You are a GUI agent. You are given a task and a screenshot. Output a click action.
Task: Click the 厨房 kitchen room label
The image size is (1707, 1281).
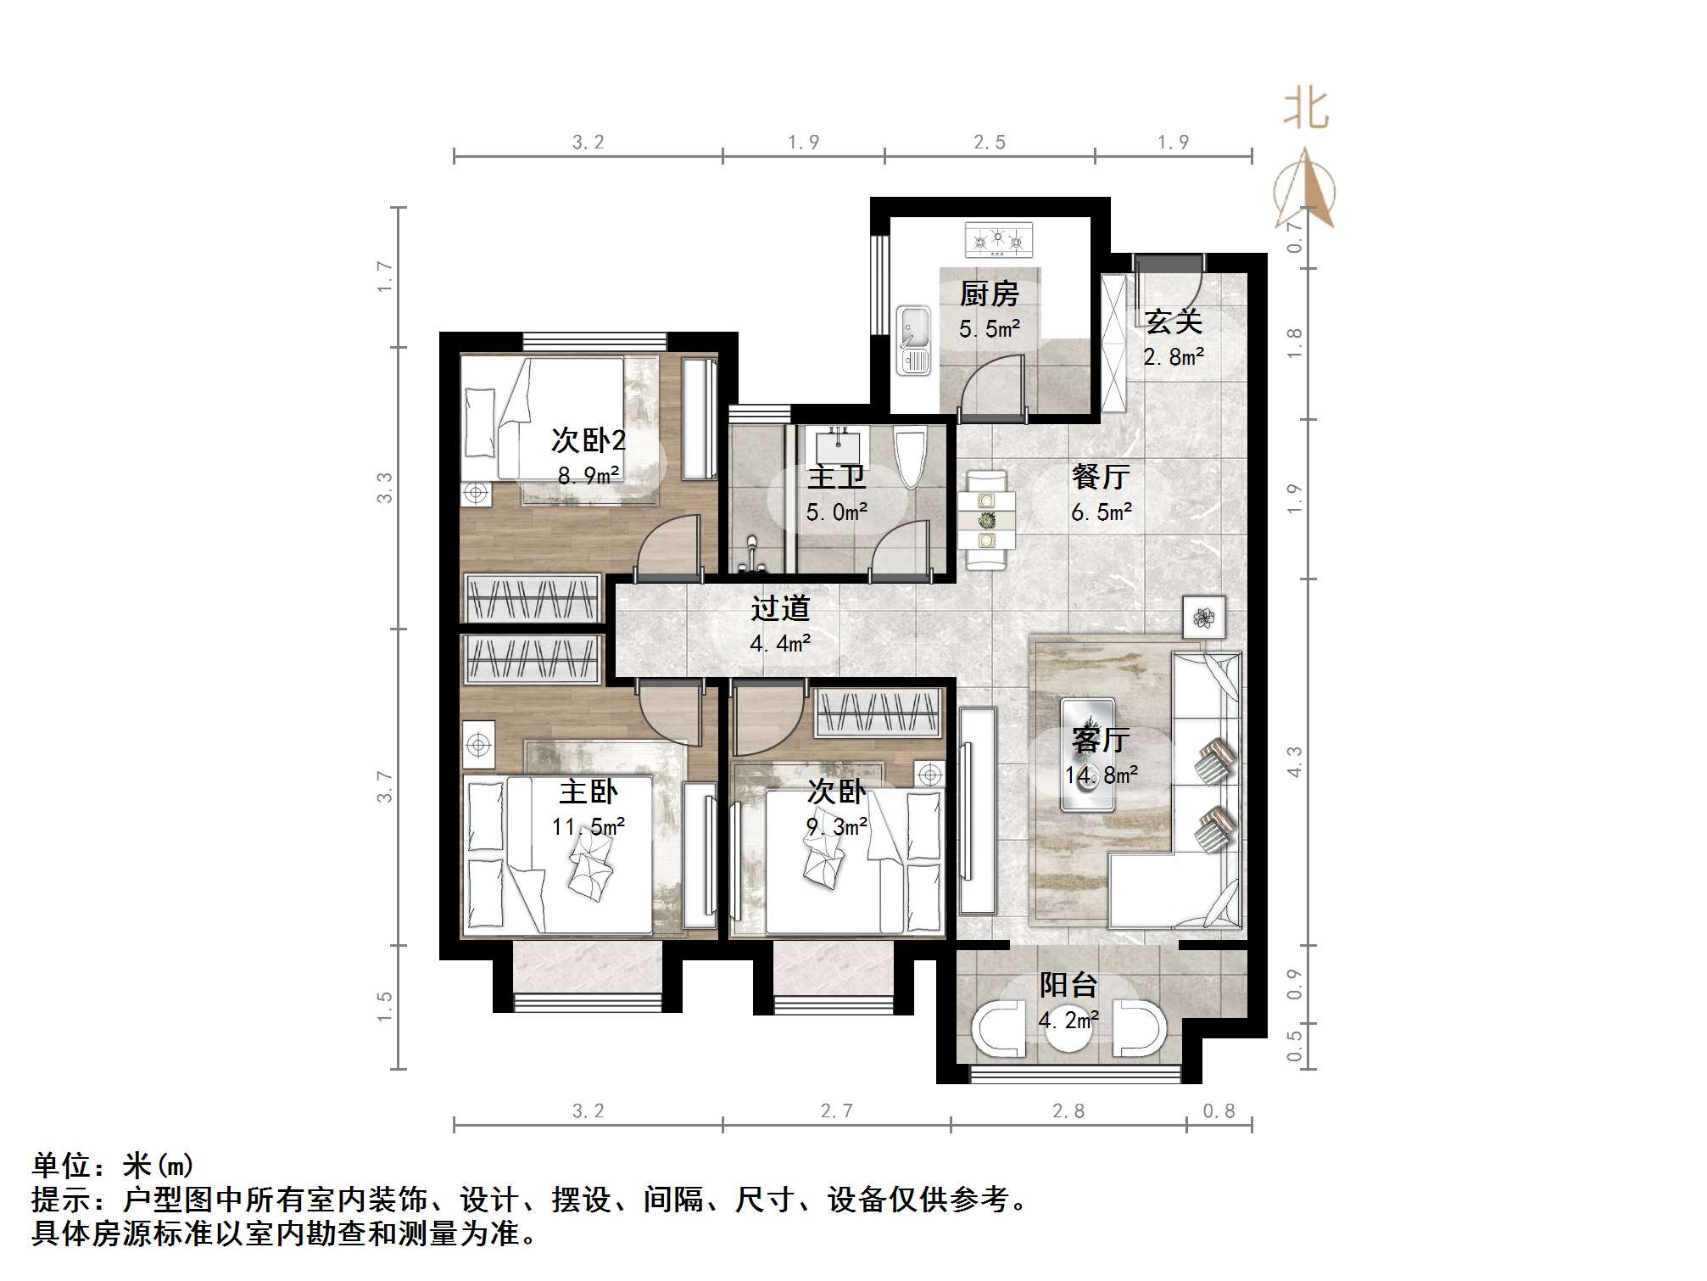pyautogui.click(x=989, y=295)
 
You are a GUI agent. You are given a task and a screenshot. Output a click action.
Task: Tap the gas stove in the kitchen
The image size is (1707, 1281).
pyautogui.click(x=999, y=241)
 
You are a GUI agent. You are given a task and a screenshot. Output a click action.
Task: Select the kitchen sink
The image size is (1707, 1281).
pyautogui.click(x=914, y=339)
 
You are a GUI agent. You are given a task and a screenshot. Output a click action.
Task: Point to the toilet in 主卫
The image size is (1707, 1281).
pyautogui.click(x=910, y=457)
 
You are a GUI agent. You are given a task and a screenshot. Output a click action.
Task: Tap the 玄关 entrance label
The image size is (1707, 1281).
pyautogui.click(x=1173, y=322)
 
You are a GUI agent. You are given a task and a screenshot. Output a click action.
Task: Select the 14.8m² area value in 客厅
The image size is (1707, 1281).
pyautogui.click(x=1102, y=775)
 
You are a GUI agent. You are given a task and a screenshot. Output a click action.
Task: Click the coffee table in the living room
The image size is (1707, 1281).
pyautogui.click(x=1088, y=755)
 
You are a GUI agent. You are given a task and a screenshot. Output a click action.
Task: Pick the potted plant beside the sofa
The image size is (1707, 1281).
pyautogui.click(x=1204, y=618)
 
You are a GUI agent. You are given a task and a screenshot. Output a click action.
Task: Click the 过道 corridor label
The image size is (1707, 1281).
pyautogui.click(x=780, y=608)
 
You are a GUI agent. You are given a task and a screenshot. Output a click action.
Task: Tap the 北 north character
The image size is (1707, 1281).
pyautogui.click(x=1305, y=110)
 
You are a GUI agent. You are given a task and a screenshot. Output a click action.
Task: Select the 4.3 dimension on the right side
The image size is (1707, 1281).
pyautogui.click(x=1294, y=762)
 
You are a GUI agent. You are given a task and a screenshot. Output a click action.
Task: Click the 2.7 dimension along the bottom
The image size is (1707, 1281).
pyautogui.click(x=836, y=1111)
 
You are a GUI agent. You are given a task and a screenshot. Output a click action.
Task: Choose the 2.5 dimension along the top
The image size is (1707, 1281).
pyautogui.click(x=989, y=143)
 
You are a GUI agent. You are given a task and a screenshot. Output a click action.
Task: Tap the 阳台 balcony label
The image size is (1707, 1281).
pyautogui.click(x=1068, y=986)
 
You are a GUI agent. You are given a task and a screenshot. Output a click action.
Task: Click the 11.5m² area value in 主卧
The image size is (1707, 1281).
pyautogui.click(x=589, y=826)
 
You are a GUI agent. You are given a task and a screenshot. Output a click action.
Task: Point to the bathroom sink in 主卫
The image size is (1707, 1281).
pyautogui.click(x=838, y=445)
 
